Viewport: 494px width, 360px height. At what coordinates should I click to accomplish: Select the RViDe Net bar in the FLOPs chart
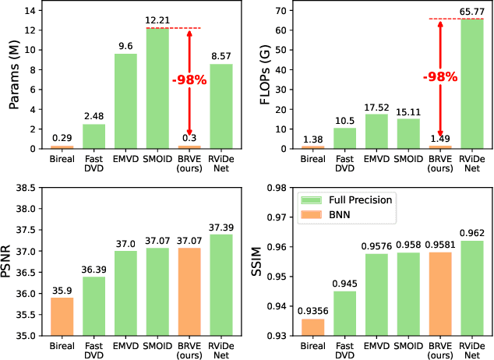coord(472,84)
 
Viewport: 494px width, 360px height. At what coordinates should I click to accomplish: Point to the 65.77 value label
coord(472,10)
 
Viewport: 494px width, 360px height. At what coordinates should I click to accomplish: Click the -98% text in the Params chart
coord(190,79)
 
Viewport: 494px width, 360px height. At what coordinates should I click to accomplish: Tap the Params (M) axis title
coord(12,76)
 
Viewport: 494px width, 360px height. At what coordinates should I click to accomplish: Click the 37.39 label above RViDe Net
coord(222,228)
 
